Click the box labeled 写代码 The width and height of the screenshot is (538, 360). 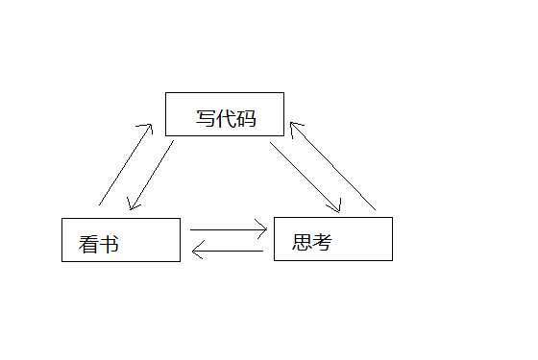[x=224, y=114]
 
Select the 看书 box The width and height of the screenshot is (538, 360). [x=120, y=240]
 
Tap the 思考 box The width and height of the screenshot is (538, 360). [x=332, y=238]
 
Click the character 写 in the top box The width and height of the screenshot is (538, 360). [x=206, y=119]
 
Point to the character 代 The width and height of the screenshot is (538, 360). [x=226, y=119]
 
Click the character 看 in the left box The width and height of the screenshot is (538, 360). [x=88, y=245]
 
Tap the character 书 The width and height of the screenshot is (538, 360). [x=110, y=245]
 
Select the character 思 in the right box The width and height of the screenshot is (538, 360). [x=302, y=243]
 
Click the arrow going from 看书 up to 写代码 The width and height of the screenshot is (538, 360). [x=125, y=164]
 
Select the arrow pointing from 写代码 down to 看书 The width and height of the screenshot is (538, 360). [x=151, y=176]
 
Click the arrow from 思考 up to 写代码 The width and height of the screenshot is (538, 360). [x=332, y=165]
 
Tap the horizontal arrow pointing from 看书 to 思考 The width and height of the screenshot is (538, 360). [x=229, y=229]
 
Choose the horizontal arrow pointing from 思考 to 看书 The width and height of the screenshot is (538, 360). [x=228, y=252]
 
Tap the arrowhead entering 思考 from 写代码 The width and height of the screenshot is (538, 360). [x=338, y=208]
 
